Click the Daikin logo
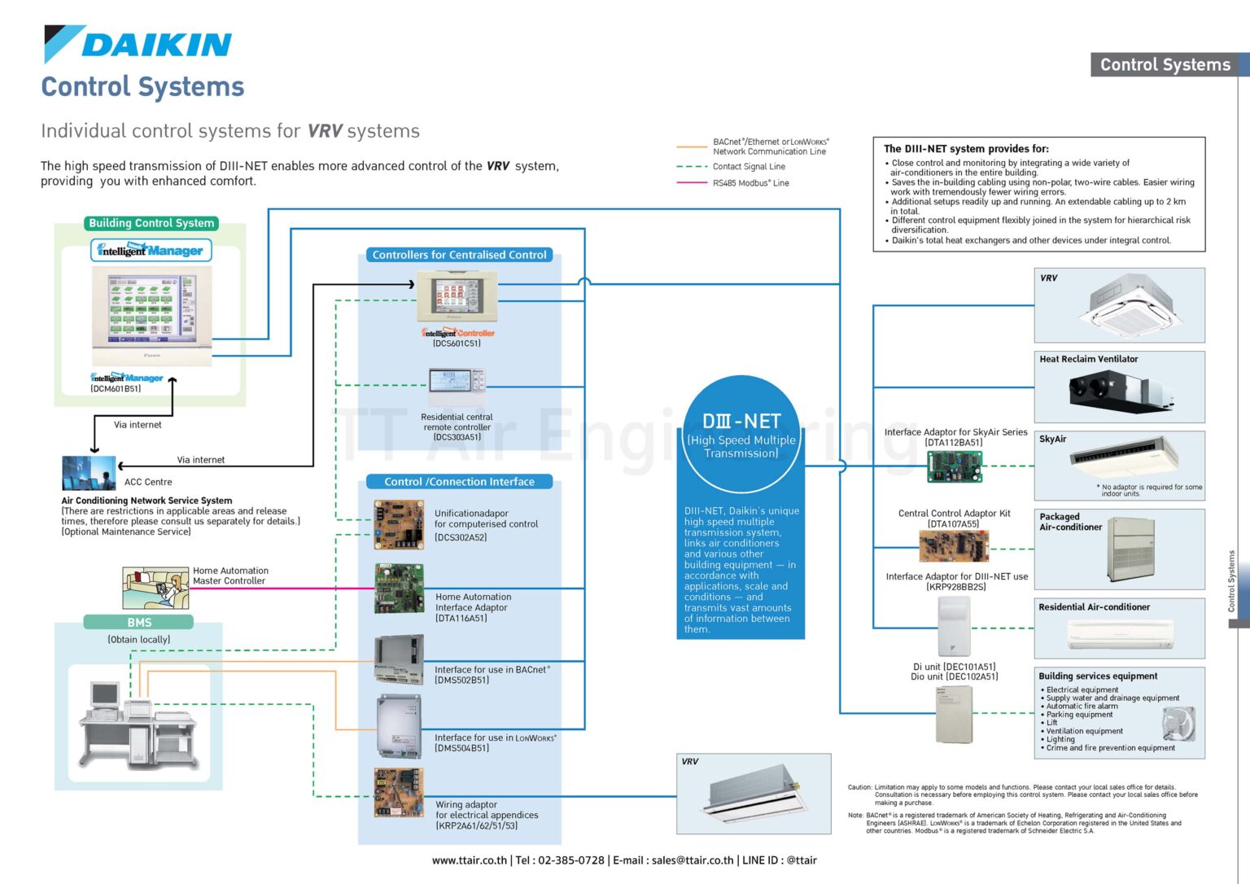[x=138, y=44]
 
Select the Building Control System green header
[x=151, y=223]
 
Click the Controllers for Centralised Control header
[x=459, y=255]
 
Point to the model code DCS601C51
[x=457, y=344]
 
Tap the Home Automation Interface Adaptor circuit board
[x=399, y=588]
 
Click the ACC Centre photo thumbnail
[x=89, y=473]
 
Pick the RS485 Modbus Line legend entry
[x=750, y=183]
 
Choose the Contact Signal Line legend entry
[x=749, y=167]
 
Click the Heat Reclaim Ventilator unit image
[x=1122, y=392]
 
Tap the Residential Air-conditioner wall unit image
[x=1119, y=633]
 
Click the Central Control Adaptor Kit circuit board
[x=954, y=546]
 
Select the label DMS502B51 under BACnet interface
[x=461, y=681]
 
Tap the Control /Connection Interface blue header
[x=459, y=482]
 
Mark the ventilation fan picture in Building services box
[x=1178, y=724]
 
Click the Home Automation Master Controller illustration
[x=155, y=587]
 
